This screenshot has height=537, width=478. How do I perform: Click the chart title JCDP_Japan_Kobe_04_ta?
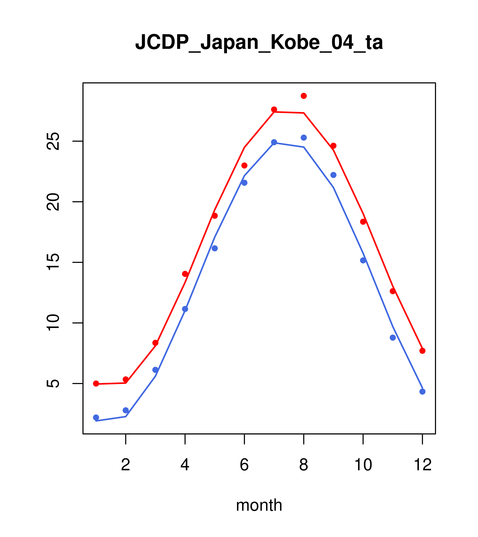[x=259, y=42]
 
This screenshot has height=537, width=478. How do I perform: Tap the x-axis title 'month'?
[x=259, y=505]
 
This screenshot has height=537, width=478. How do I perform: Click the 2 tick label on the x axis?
[x=126, y=465]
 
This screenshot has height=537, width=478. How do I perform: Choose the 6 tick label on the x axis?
[x=244, y=465]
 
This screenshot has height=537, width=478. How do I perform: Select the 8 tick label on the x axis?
[x=304, y=465]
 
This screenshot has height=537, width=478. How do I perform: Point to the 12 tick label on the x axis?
[x=423, y=465]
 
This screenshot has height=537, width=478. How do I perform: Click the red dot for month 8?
[x=304, y=96]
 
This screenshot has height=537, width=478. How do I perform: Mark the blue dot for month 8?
[x=304, y=138]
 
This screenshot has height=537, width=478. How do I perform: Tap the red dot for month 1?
[x=96, y=384]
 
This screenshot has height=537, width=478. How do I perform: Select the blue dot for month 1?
[x=96, y=417]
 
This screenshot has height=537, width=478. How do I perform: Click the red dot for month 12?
[x=423, y=351]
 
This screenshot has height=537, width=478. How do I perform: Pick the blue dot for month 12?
[x=423, y=392]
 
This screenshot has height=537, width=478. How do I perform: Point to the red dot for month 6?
[x=244, y=166]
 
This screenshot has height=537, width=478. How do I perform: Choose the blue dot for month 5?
[x=215, y=248]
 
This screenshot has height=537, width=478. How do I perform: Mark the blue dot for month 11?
[x=393, y=338]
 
